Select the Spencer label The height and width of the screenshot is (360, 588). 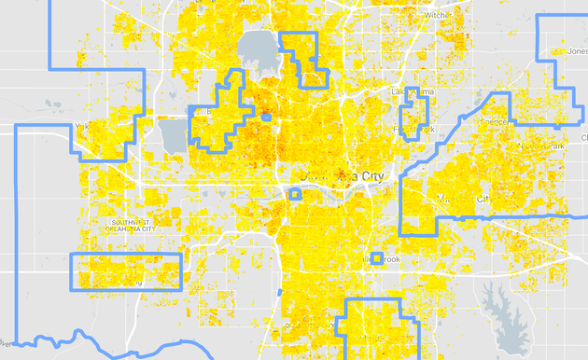pyautogui.click(x=492, y=120)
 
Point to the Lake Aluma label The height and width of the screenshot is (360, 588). pyautogui.click(x=412, y=92)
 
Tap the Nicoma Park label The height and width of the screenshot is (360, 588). pyautogui.click(x=545, y=146)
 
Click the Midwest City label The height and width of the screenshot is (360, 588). pyautogui.click(x=461, y=199)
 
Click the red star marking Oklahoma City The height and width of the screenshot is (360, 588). pyautogui.click(x=340, y=174)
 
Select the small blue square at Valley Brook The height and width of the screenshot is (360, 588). pyautogui.click(x=376, y=258)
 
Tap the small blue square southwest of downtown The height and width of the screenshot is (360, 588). pyautogui.click(x=295, y=194)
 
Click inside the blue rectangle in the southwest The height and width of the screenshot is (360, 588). pyautogui.click(x=126, y=271)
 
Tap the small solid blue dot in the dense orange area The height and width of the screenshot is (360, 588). pyautogui.click(x=266, y=118)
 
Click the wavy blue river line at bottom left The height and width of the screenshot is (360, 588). pyautogui.click(x=56, y=343)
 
